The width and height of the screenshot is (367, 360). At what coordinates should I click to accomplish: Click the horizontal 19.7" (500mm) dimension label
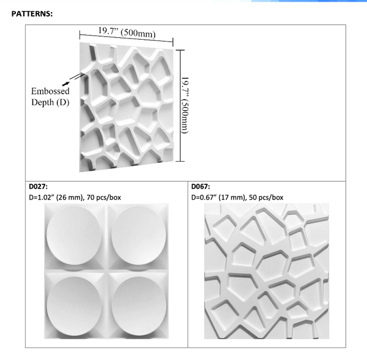pyautogui.click(x=127, y=32)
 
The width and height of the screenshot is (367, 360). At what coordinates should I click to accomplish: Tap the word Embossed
pyautogui.click(x=50, y=91)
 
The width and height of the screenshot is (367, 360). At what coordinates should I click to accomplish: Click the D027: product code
pyautogui.click(x=39, y=186)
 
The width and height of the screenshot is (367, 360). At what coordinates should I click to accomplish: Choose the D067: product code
pyautogui.click(x=202, y=186)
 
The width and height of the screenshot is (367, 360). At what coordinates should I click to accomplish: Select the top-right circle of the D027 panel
pyautogui.click(x=139, y=236)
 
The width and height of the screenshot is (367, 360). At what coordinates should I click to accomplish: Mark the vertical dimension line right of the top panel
pyautogui.click(x=179, y=105)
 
